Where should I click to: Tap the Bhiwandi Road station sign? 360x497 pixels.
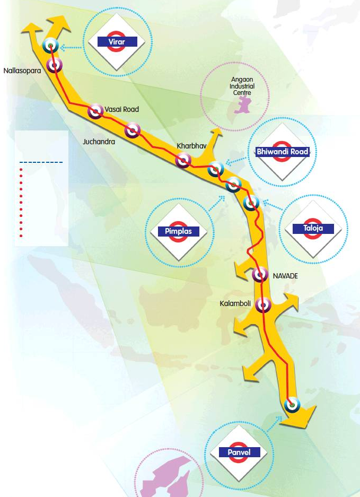click(282, 152)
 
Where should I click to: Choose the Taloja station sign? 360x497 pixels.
click(313, 229)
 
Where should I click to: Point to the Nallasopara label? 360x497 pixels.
click(22, 69)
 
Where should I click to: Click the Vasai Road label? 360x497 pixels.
click(121, 109)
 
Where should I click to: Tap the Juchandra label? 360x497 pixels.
click(99, 142)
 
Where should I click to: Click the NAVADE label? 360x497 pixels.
click(285, 276)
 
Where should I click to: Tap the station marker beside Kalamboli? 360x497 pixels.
click(263, 305)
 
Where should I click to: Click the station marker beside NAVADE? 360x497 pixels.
click(260, 275)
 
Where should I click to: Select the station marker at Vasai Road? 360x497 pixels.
click(96, 111)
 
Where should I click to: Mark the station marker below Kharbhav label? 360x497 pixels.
click(183, 160)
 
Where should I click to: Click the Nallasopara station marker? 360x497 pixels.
click(54, 66)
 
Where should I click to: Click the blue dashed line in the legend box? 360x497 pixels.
click(41, 162)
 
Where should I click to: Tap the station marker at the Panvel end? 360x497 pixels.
click(291, 405)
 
